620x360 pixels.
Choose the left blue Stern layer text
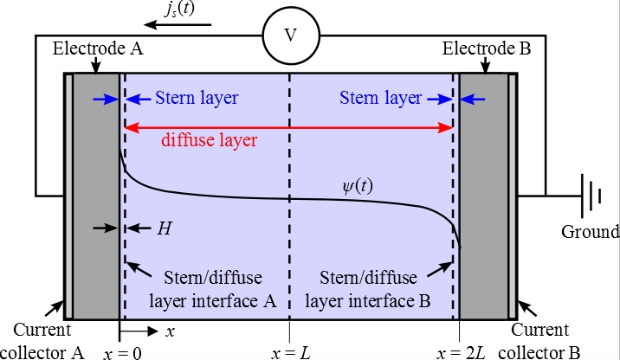[x=196, y=99]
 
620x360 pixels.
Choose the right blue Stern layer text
[x=381, y=99]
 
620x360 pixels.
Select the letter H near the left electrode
[x=165, y=228]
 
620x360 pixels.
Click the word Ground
[x=591, y=231]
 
